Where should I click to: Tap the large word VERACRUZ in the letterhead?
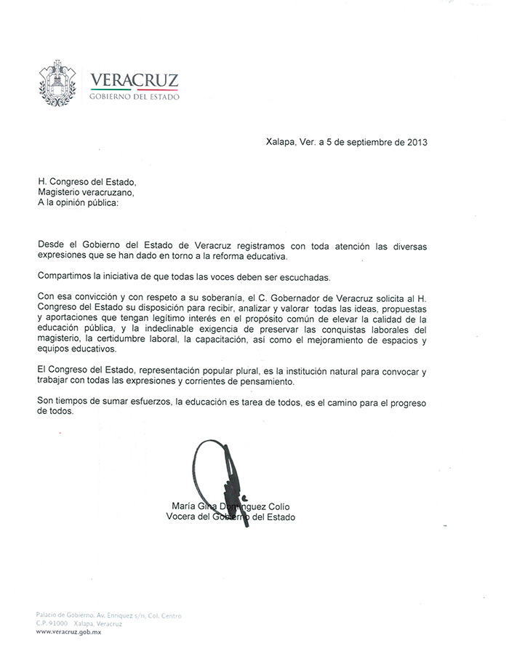[134, 80]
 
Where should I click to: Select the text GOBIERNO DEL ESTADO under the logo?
[134, 97]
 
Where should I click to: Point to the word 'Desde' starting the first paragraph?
[52, 247]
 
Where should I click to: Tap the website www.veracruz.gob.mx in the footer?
[69, 632]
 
